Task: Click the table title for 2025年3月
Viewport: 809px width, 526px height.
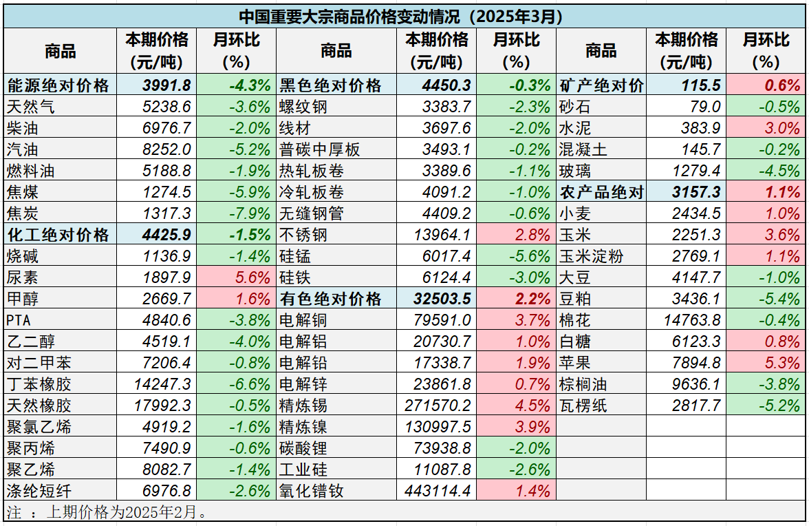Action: pyautogui.click(x=404, y=17)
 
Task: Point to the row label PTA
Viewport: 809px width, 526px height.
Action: pyautogui.click(x=19, y=320)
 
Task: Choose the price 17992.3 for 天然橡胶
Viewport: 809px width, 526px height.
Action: pyautogui.click(x=162, y=406)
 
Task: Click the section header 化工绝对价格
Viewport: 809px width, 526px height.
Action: pyautogui.click(x=58, y=235)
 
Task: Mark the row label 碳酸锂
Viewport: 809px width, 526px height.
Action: pyautogui.click(x=303, y=448)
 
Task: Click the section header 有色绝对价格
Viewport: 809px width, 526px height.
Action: pyautogui.click(x=331, y=299)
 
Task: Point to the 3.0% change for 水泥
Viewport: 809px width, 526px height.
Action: pyautogui.click(x=784, y=128)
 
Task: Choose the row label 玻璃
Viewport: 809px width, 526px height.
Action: pyautogui.click(x=574, y=171)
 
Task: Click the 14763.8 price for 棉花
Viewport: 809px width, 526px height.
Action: pyautogui.click(x=692, y=320)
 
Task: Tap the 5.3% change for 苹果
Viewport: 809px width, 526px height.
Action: pyautogui.click(x=784, y=363)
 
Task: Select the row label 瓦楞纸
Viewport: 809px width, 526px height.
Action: pyautogui.click(x=583, y=406)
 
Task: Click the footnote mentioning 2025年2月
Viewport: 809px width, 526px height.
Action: pyautogui.click(x=107, y=512)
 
